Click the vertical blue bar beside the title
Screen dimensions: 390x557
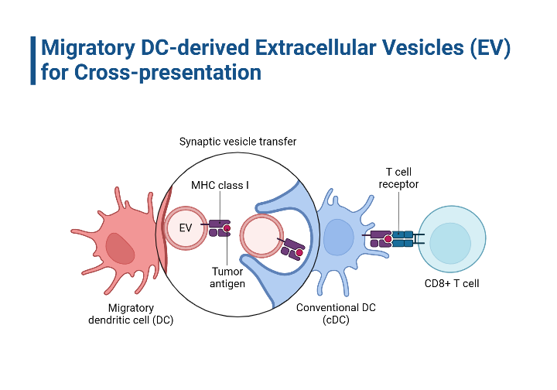[33, 60]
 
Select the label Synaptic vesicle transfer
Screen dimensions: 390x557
[237, 142]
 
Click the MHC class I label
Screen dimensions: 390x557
[220, 186]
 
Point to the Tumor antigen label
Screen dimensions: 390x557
[227, 278]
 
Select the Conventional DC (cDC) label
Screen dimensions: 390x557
[337, 313]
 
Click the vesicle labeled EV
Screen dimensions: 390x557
[186, 228]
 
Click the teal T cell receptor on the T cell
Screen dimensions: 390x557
[402, 238]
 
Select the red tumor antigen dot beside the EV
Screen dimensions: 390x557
[227, 227]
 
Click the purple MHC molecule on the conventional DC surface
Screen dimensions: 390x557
[378, 238]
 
